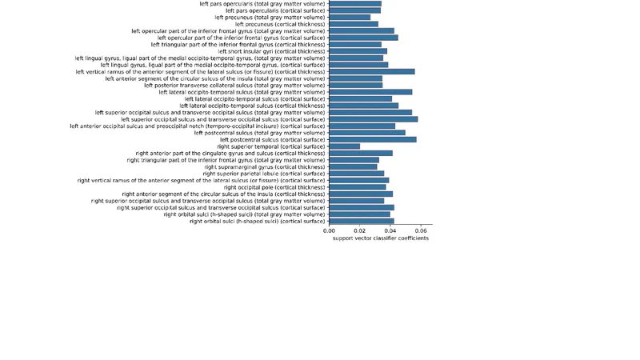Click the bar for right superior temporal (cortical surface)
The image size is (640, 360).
point(345,146)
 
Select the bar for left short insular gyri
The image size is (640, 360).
point(358,51)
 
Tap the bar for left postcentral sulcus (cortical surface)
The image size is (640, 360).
point(373,139)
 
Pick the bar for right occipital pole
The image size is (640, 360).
point(358,187)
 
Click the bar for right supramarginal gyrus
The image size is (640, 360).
point(353,166)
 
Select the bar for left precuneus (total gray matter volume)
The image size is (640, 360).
point(350,17)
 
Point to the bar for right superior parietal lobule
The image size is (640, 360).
point(357,174)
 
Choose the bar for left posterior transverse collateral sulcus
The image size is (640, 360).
point(355,85)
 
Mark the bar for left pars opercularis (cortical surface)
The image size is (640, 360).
point(354,10)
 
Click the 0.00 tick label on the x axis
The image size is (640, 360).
point(329,230)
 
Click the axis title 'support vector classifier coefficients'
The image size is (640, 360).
point(380,238)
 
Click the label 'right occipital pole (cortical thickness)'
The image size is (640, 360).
point(274,187)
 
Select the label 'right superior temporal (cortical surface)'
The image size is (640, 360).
point(271,146)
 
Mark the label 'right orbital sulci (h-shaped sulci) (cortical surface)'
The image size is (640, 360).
point(257,221)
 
